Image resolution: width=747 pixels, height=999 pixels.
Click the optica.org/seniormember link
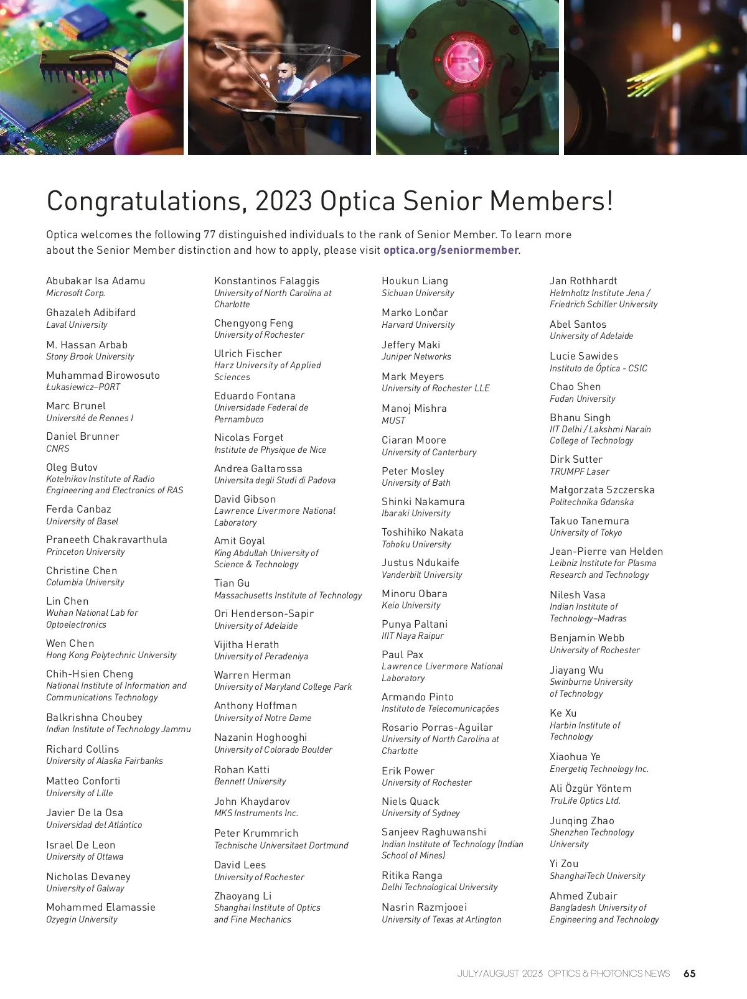(451, 250)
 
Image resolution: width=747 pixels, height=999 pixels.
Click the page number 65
(690, 973)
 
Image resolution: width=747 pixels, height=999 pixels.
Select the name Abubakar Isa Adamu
(95, 281)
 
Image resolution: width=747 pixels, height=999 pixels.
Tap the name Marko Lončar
(415, 312)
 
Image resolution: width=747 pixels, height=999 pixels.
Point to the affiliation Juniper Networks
(416, 356)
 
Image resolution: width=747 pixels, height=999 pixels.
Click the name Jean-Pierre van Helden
(606, 551)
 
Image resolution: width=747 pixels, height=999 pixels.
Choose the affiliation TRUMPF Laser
(579, 472)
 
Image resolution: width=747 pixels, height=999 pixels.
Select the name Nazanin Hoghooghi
(260, 737)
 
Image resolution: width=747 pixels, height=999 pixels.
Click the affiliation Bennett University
(250, 781)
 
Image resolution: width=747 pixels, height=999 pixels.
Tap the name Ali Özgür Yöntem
(590, 788)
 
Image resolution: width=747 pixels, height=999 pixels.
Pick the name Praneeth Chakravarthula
(106, 539)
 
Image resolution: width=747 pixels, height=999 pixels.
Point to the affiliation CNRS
(58, 448)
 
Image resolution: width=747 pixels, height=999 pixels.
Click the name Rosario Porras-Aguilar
(437, 727)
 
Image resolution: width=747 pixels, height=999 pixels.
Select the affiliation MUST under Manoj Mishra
(393, 421)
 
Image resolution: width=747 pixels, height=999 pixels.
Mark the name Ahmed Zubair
(583, 896)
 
